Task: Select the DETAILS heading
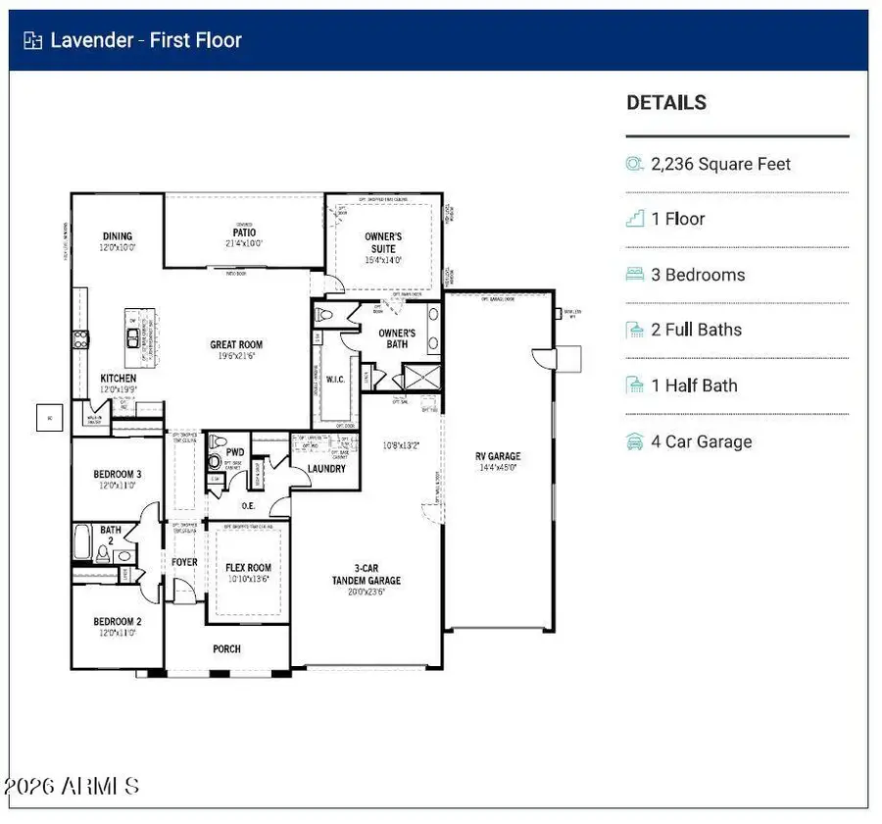click(666, 102)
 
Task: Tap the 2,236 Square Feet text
click(720, 164)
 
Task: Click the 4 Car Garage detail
click(702, 441)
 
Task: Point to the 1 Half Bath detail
click(694, 386)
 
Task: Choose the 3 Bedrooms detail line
click(698, 275)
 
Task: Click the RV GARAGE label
click(498, 456)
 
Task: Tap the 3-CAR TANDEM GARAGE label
click(366, 574)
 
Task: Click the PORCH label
click(226, 648)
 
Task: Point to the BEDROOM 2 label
click(118, 621)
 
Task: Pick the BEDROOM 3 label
click(118, 475)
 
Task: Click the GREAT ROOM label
click(236, 344)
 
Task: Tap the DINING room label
click(118, 236)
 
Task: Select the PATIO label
click(244, 232)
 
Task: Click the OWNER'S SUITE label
click(383, 242)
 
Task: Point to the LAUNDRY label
click(325, 469)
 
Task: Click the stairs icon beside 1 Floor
click(635, 219)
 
